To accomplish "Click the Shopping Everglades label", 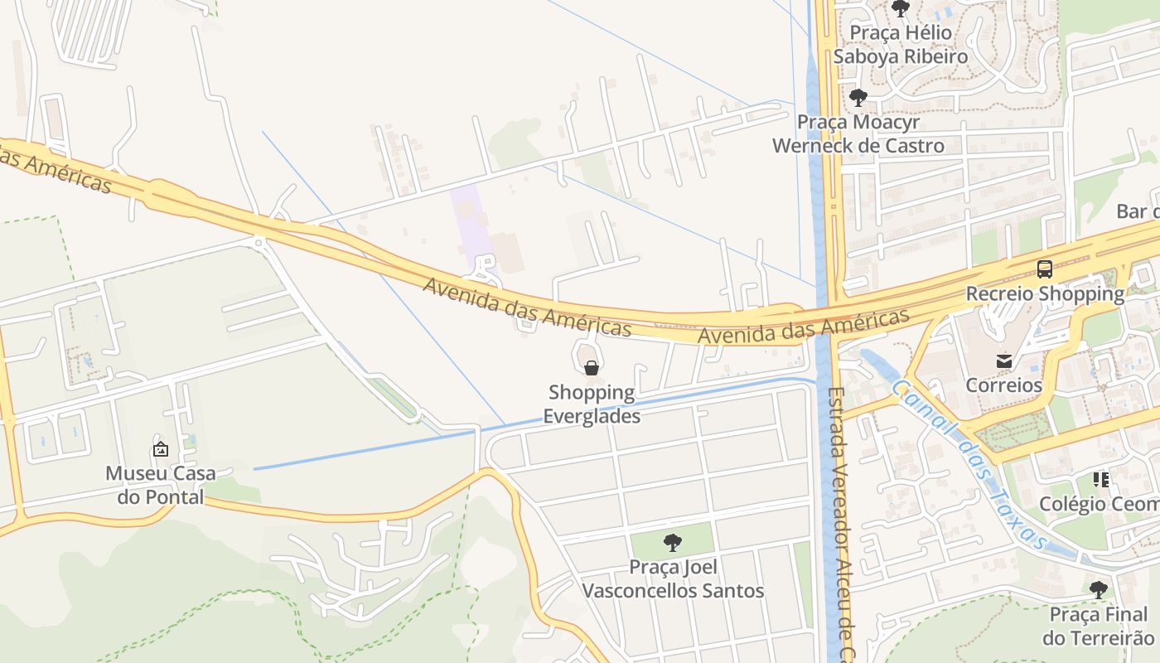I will pyautogui.click(x=592, y=404).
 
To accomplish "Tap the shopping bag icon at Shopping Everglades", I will pyautogui.click(x=592, y=368).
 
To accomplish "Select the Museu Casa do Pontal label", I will pyautogui.click(x=160, y=485).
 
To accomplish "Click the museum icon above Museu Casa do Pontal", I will pyautogui.click(x=161, y=449).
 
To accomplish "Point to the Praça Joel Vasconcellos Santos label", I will pyautogui.click(x=673, y=579).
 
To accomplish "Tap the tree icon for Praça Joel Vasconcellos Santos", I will pyautogui.click(x=673, y=543).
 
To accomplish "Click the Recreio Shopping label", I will pyautogui.click(x=1045, y=293).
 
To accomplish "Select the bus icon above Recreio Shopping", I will pyautogui.click(x=1045, y=269).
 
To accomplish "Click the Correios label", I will pyautogui.click(x=1003, y=385).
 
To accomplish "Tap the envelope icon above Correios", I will pyautogui.click(x=1004, y=361).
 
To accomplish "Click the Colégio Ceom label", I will pyautogui.click(x=1099, y=504).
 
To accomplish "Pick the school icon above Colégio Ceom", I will pyautogui.click(x=1100, y=480).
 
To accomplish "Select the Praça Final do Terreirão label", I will pyautogui.click(x=1098, y=626).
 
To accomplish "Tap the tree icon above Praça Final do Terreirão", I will pyautogui.click(x=1099, y=590).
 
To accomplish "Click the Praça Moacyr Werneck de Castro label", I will pyautogui.click(x=858, y=133).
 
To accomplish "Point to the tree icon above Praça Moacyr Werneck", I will pyautogui.click(x=858, y=98).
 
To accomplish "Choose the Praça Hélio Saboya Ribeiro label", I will pyautogui.click(x=900, y=45).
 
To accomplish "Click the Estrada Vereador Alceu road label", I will pyautogui.click(x=838, y=522).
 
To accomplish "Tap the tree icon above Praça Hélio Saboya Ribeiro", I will pyautogui.click(x=901, y=9).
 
